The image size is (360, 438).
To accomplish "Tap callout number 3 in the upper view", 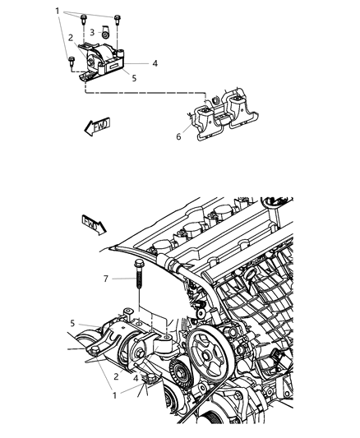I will click(x=92, y=33).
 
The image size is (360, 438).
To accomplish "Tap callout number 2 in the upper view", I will click(x=71, y=38).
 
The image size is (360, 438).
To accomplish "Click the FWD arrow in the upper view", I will click(x=97, y=127).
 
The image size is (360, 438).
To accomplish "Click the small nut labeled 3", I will click(x=105, y=35).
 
